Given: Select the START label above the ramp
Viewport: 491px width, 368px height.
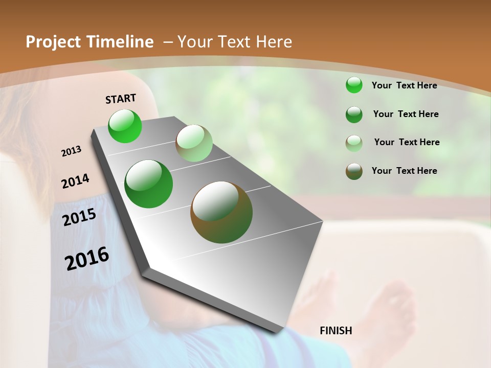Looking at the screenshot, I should (121, 99).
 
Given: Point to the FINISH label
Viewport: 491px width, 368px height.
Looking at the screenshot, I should (336, 331).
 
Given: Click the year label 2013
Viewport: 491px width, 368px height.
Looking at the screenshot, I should (72, 151).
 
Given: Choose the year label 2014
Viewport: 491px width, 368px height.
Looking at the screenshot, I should (75, 181).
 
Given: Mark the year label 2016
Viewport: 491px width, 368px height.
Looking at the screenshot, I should (87, 258).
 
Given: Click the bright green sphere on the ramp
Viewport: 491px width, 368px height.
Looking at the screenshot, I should (125, 126).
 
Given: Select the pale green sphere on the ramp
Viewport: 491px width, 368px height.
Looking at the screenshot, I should (194, 143).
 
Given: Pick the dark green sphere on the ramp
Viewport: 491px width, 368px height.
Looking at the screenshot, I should (149, 184).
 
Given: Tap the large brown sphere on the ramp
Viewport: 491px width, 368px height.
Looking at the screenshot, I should (221, 212).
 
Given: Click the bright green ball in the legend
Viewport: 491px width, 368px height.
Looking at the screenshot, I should (354, 85).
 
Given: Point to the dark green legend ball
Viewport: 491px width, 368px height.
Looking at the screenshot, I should (354, 114).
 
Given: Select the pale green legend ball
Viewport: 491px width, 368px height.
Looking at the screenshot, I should (354, 143).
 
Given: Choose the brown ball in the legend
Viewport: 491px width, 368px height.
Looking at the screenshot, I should (354, 171).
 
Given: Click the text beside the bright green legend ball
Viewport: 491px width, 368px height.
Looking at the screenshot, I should (404, 85).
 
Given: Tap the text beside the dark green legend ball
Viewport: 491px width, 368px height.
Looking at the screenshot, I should (406, 114).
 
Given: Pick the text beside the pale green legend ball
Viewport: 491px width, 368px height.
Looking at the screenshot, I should (407, 142).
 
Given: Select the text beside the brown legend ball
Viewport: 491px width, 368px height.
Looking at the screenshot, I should (404, 171).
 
